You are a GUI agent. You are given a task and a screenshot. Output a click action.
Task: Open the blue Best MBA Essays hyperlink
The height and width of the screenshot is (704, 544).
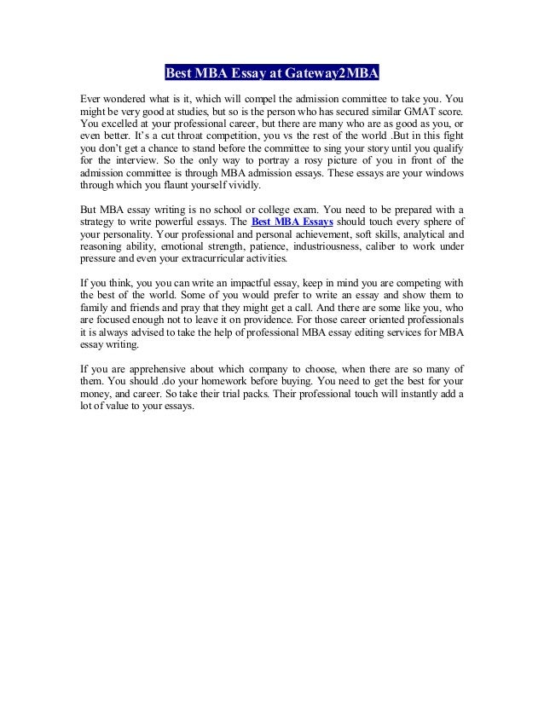coord(287,222)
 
